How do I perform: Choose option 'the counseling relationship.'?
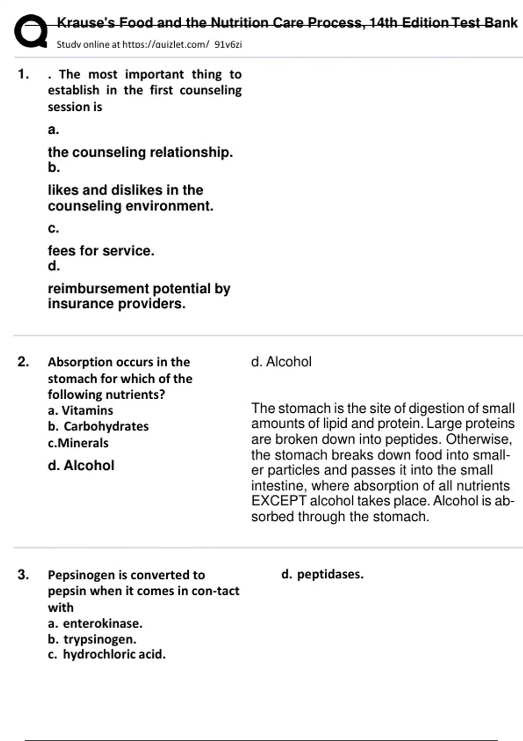140,152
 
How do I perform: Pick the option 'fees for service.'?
101,251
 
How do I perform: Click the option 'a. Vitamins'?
81,411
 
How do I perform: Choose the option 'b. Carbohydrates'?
98,426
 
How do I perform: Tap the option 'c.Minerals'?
78,443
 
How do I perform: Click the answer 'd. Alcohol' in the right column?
281,362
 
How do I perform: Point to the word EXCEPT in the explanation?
279,501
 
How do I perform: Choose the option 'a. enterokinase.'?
95,623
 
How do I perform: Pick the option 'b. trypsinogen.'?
92,639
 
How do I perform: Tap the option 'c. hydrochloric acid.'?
107,654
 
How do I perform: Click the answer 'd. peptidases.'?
323,574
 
